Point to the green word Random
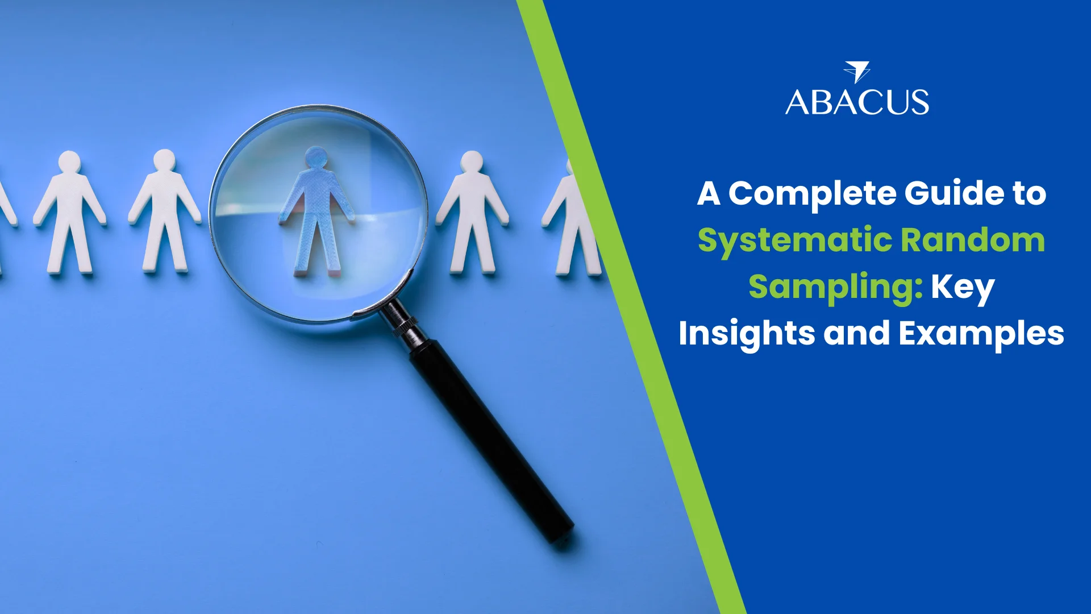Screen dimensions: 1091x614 click(x=973, y=240)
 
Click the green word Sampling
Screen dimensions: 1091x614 click(x=835, y=288)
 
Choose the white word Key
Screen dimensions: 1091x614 click(x=963, y=288)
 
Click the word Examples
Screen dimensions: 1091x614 click(x=981, y=334)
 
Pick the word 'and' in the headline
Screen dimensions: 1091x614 click(x=857, y=333)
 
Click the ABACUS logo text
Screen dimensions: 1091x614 click(x=857, y=102)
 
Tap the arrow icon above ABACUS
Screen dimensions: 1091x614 click(x=857, y=72)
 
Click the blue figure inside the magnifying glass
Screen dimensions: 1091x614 click(x=317, y=211)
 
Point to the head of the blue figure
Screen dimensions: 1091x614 click(x=316, y=157)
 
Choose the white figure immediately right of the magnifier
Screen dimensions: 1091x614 click(x=472, y=212)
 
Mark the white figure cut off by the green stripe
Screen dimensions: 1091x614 click(x=571, y=219)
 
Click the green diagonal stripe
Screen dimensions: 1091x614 click(x=631, y=307)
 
